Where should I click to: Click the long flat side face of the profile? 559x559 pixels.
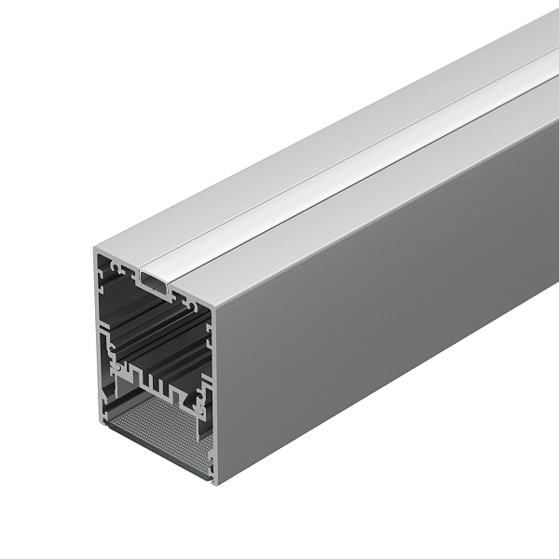[x=391, y=307]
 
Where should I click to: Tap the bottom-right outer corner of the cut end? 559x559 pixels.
[x=213, y=484]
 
